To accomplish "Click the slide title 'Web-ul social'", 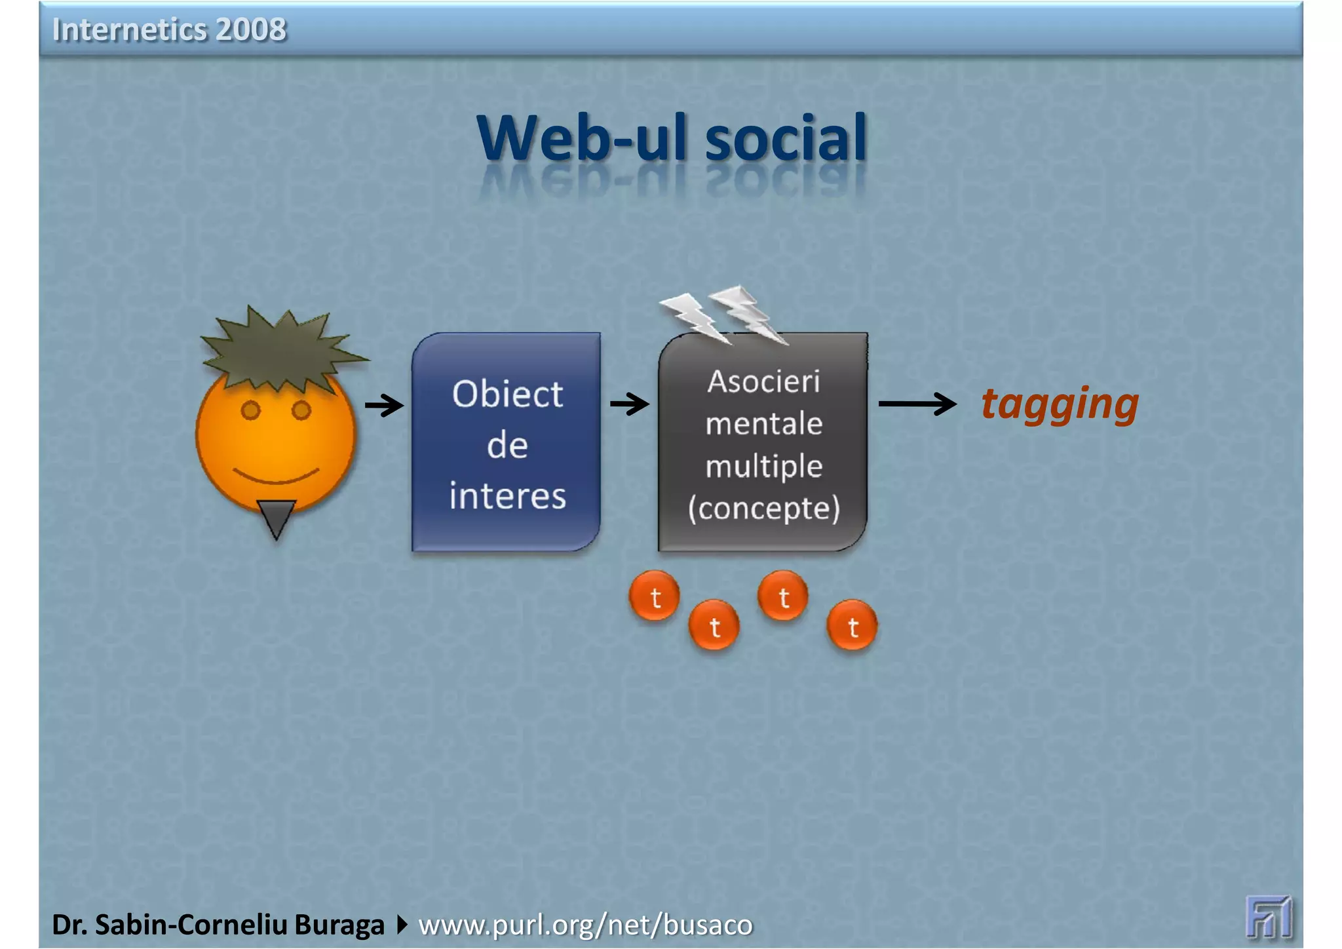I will click(x=672, y=138).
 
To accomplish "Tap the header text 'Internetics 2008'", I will click(x=169, y=29).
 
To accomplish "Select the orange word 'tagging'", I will click(x=1060, y=404).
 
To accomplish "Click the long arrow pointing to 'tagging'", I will click(x=917, y=404).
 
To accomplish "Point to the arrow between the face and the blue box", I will click(x=384, y=405).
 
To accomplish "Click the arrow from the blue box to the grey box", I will click(x=630, y=404).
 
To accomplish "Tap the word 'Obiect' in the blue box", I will click(x=507, y=395).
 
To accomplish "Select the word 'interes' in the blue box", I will click(x=507, y=495).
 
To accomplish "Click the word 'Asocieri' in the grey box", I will click(x=763, y=381).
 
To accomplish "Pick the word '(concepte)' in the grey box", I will click(x=763, y=508).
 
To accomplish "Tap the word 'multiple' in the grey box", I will click(x=763, y=466).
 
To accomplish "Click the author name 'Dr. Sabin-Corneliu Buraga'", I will click(x=218, y=925).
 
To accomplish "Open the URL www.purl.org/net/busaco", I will click(x=585, y=925).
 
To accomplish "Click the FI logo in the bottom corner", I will click(x=1269, y=917).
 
